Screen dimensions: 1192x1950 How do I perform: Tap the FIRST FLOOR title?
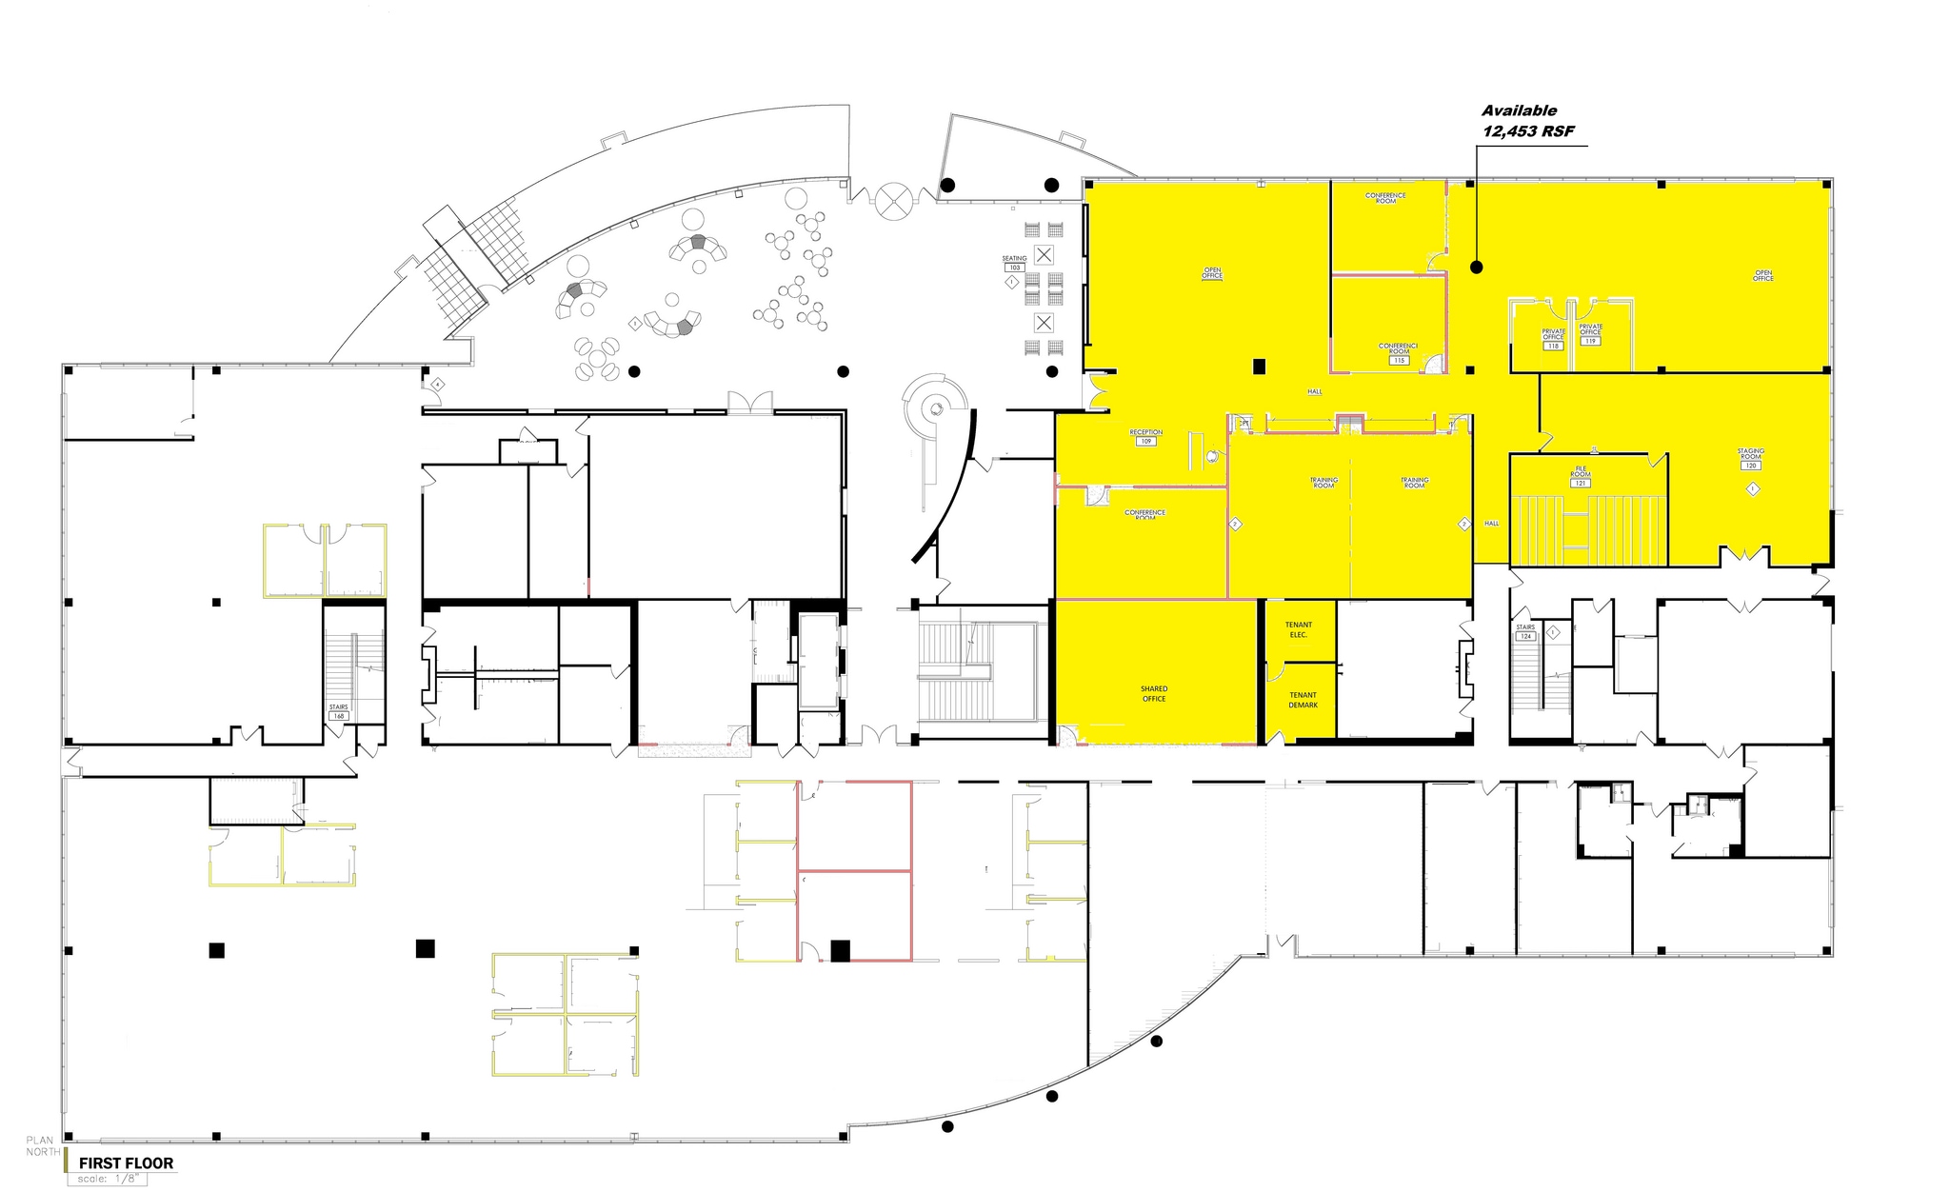pyautogui.click(x=126, y=1162)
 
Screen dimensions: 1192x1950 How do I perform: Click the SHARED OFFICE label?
pyautogui.click(x=1154, y=694)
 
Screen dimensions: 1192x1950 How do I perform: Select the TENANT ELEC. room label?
pyautogui.click(x=1298, y=629)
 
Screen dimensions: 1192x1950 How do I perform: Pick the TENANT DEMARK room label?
pyautogui.click(x=1303, y=700)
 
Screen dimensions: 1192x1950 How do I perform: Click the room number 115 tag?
pyautogui.click(x=1399, y=361)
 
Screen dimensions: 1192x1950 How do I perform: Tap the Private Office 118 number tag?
pyautogui.click(x=1553, y=347)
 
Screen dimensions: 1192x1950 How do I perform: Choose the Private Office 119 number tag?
pyautogui.click(x=1590, y=341)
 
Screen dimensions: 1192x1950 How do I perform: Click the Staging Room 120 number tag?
pyautogui.click(x=1750, y=466)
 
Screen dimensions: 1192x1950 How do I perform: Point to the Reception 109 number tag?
pyautogui.click(x=1145, y=442)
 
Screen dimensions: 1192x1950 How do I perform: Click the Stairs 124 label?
pyautogui.click(x=1525, y=632)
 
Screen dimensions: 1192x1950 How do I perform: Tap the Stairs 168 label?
pyautogui.click(x=338, y=711)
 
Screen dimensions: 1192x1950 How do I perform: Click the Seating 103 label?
pyautogui.click(x=1014, y=263)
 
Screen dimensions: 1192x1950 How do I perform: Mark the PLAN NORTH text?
pyautogui.click(x=42, y=1146)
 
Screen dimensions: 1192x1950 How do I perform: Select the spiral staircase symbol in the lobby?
pyautogui.click(x=936, y=407)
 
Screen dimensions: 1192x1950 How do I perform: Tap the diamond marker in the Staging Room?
pyautogui.click(x=1753, y=489)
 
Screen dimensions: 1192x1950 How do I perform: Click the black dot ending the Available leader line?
pyautogui.click(x=1476, y=268)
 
